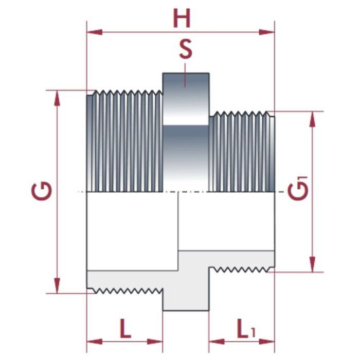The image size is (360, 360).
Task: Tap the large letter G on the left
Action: tap(42, 191)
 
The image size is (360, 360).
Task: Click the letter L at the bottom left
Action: tap(125, 328)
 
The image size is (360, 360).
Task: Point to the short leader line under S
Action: tap(185, 67)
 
